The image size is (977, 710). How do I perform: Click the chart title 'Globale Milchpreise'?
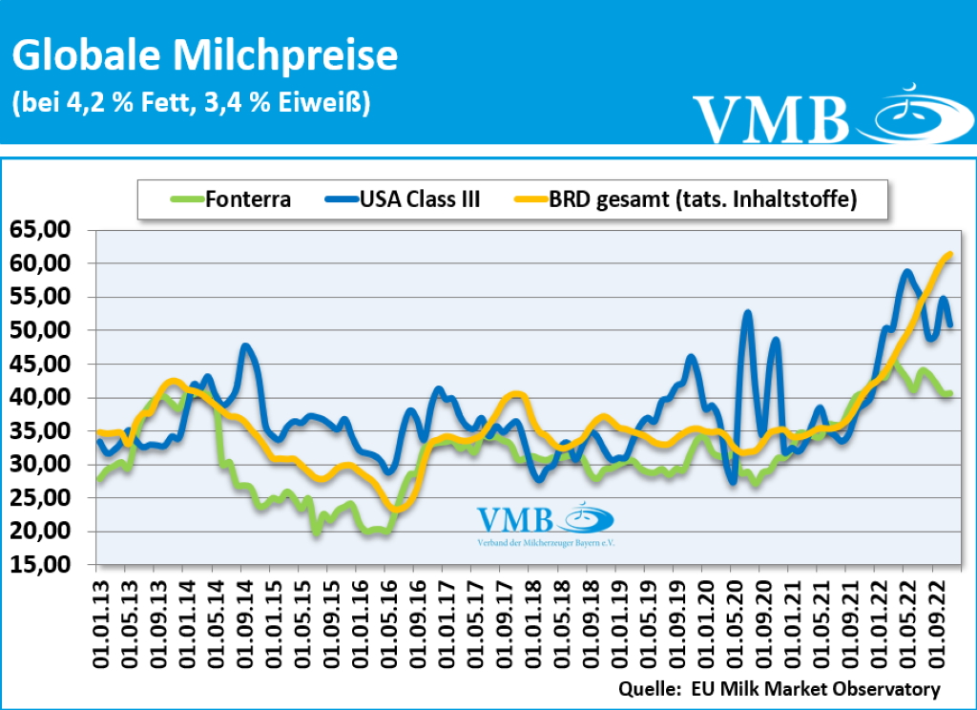point(204,56)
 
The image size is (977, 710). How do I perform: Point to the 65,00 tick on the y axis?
point(41,230)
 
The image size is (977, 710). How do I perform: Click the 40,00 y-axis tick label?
point(41,397)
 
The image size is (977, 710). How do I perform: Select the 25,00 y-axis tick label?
point(41,498)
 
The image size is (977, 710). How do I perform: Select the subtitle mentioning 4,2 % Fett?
point(191,102)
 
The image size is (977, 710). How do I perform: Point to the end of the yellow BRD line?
point(950,254)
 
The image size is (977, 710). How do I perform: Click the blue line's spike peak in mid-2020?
point(748,312)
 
